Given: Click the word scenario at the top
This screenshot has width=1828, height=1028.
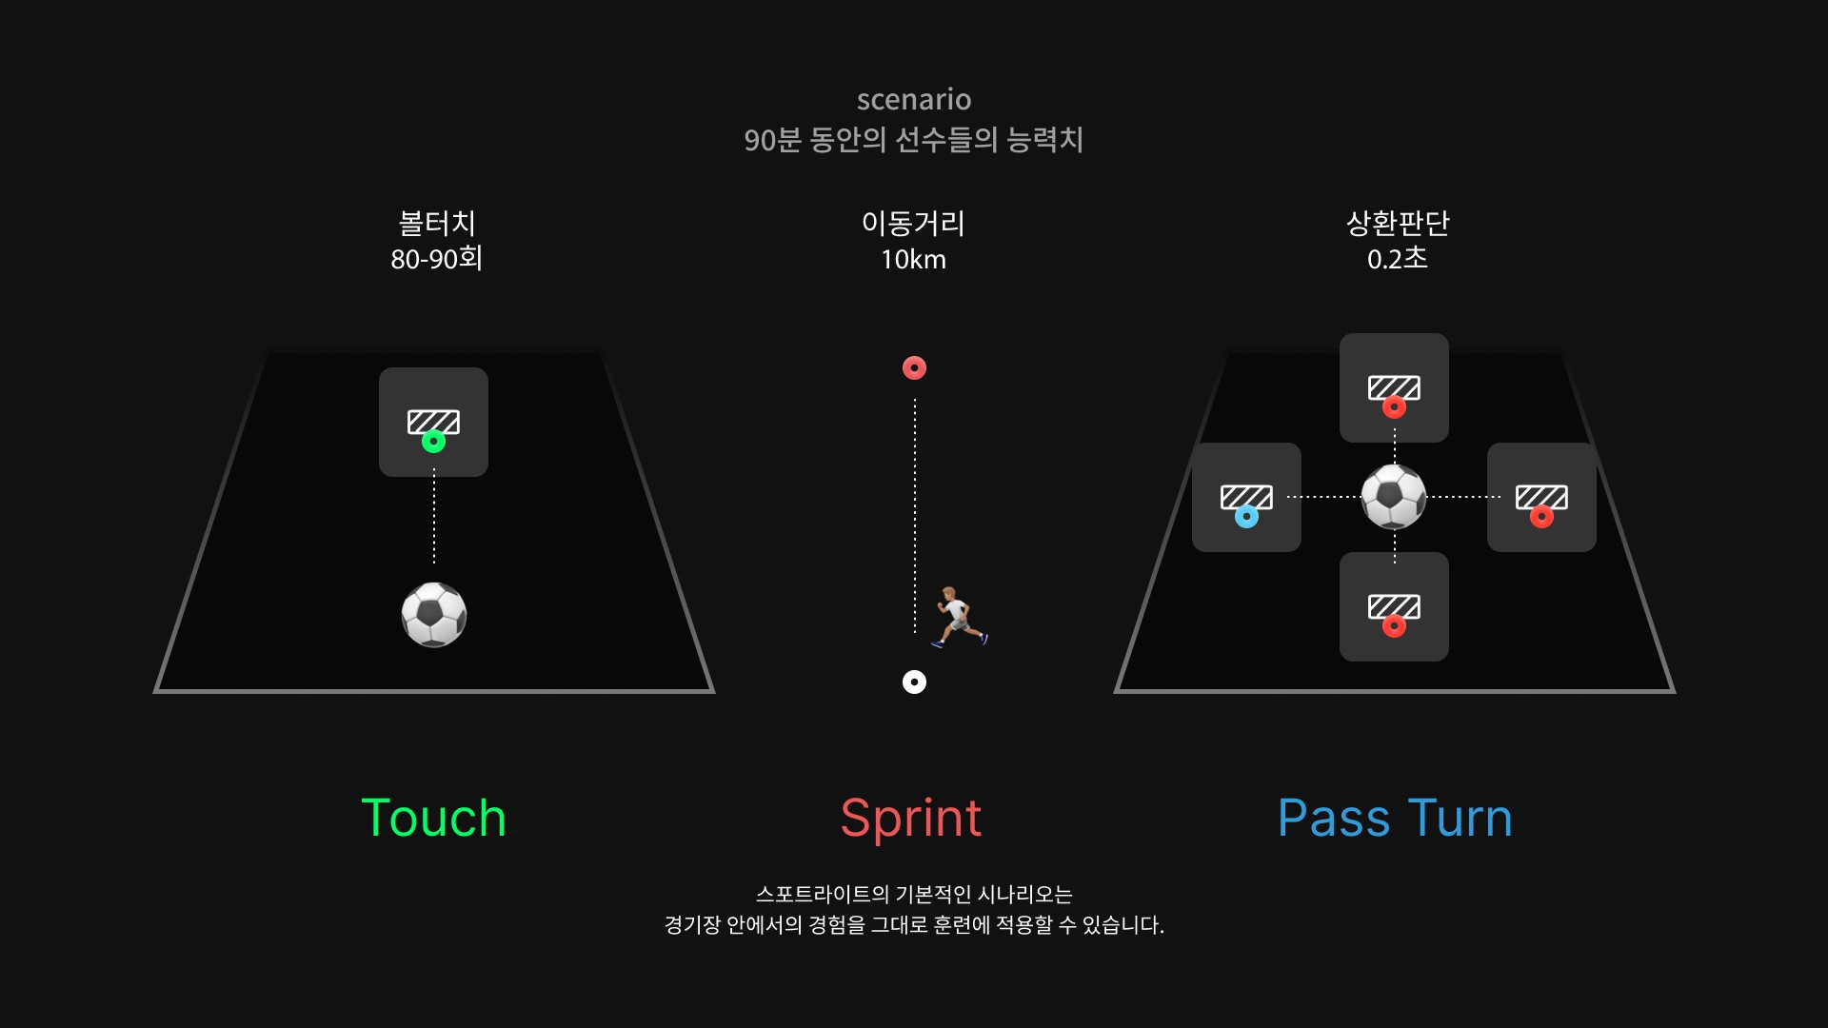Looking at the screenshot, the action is [x=914, y=99].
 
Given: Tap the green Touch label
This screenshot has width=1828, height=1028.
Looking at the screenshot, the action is [x=433, y=818].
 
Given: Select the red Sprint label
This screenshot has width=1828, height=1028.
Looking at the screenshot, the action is [x=911, y=819].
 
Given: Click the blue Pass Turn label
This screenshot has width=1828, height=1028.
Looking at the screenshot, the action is [x=1395, y=818].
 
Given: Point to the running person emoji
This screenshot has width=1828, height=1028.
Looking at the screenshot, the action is [x=960, y=617].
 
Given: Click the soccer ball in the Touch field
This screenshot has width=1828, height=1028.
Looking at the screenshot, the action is [x=434, y=615].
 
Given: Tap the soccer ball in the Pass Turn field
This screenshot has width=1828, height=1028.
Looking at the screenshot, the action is [x=1394, y=497].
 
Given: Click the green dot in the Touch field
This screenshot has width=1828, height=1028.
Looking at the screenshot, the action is [x=433, y=442].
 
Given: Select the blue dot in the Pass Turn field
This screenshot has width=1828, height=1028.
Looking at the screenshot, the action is [x=1246, y=517].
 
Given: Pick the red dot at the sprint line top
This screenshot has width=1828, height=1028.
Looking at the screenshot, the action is [x=914, y=367].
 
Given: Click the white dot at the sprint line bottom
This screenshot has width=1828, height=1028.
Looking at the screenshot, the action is [x=914, y=682].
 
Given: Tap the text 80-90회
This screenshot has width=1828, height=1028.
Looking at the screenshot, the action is [x=437, y=259].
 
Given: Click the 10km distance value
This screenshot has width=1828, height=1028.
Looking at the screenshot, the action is [x=913, y=259].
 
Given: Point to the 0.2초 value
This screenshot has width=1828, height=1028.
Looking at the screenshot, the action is [x=1397, y=259].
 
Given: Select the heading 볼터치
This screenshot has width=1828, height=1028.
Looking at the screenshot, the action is [x=437, y=223].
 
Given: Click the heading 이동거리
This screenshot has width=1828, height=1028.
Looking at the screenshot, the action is [x=913, y=223].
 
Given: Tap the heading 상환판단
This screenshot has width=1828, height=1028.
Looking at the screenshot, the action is [x=1397, y=223].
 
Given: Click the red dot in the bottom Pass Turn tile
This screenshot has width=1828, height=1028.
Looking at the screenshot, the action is [x=1394, y=626].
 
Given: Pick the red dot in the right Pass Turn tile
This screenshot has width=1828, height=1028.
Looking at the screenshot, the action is [x=1541, y=517].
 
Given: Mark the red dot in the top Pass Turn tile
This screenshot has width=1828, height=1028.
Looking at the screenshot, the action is [x=1394, y=407].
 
